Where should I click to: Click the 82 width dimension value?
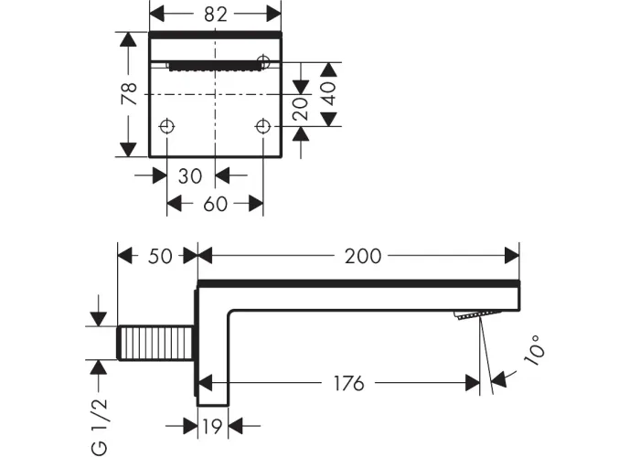(x=216, y=15)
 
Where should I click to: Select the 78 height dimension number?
(x=129, y=93)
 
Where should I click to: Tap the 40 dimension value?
(x=329, y=93)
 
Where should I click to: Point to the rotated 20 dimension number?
(x=301, y=109)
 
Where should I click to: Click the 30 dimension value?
(x=190, y=176)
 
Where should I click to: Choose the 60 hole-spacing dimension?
(x=215, y=204)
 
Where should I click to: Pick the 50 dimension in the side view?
(x=160, y=256)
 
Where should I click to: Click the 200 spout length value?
(x=363, y=256)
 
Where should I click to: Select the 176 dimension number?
(x=348, y=384)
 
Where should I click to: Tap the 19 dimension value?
(x=213, y=427)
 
